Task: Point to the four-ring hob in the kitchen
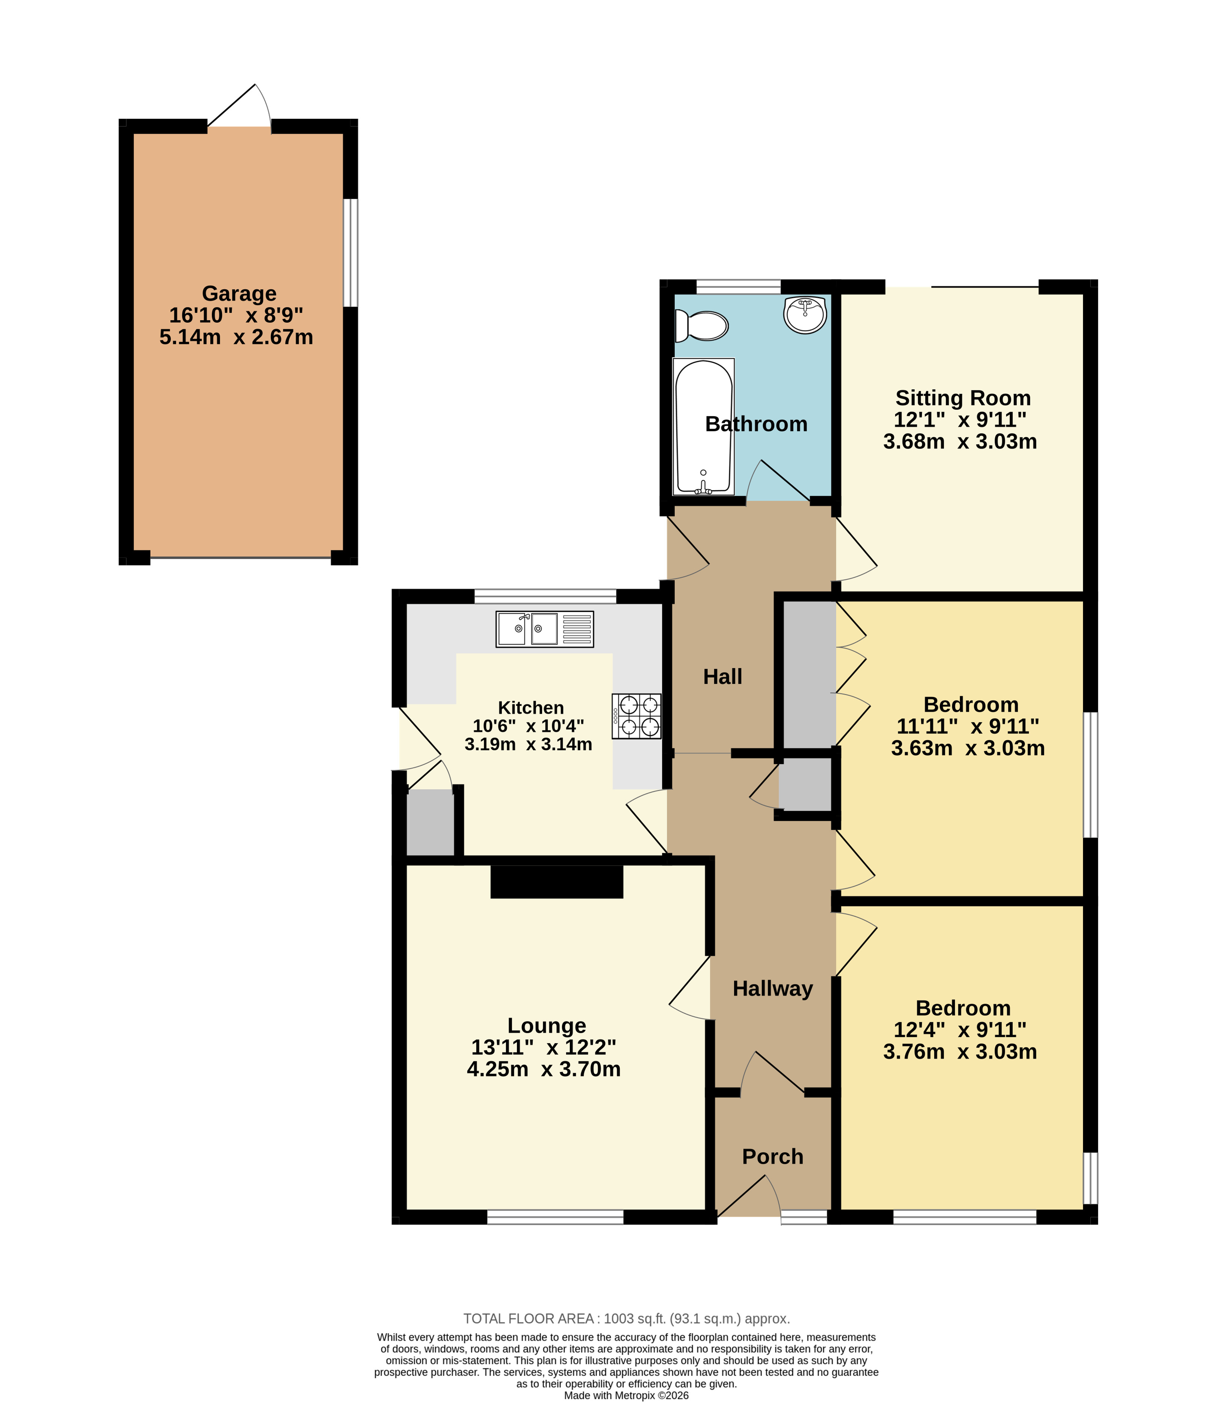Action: (x=636, y=716)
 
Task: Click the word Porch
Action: (x=773, y=1156)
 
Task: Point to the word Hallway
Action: (x=773, y=989)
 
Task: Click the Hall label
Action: (x=723, y=677)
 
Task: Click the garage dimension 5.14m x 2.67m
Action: (x=236, y=337)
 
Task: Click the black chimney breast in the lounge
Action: (x=556, y=881)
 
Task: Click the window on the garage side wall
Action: (x=350, y=252)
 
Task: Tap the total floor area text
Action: (x=626, y=1319)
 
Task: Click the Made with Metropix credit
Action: (x=626, y=1395)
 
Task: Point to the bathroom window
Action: (x=739, y=286)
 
